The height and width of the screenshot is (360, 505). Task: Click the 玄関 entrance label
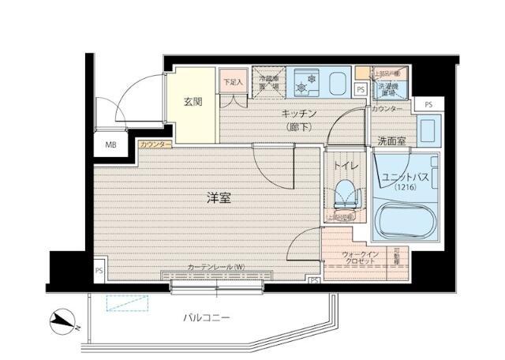click(x=194, y=101)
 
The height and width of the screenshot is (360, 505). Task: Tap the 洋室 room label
click(x=219, y=199)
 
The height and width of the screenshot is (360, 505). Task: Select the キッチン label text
click(x=276, y=113)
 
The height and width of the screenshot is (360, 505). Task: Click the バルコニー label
click(x=207, y=317)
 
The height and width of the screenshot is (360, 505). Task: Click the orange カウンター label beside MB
click(x=155, y=145)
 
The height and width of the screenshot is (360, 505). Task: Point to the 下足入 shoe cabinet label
click(x=232, y=81)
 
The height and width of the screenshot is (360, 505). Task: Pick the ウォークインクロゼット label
click(x=361, y=257)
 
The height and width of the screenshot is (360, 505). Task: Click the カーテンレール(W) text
click(x=216, y=267)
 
